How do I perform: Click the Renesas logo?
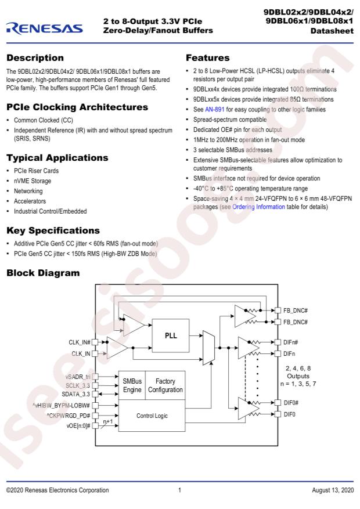tap(45, 28)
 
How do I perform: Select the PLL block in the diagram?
tap(171, 335)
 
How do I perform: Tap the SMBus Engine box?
tap(132, 385)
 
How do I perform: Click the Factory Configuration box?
tap(165, 385)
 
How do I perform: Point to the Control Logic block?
tap(152, 416)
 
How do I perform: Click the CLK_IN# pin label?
tap(79, 342)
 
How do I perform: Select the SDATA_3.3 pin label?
tap(75, 394)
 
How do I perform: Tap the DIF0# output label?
tap(290, 403)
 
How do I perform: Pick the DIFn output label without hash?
tap(289, 353)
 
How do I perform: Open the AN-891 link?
tap(215, 109)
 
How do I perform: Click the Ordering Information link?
tap(258, 207)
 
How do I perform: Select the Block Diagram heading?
tap(43, 273)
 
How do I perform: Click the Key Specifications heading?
tap(53, 230)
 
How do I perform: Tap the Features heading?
tap(208, 58)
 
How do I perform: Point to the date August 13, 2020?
tap(333, 490)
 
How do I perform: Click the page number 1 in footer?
tap(179, 490)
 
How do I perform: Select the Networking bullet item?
tap(28, 191)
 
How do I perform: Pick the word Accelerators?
tap(30, 201)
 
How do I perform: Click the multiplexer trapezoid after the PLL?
tap(208, 348)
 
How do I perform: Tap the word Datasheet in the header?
tap(332, 31)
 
